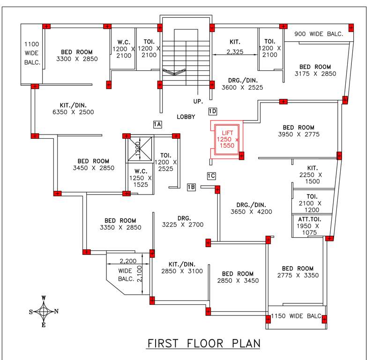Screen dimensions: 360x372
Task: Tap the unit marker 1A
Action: (x=157, y=124)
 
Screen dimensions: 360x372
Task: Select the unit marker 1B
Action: (x=191, y=187)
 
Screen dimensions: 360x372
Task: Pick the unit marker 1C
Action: (x=211, y=176)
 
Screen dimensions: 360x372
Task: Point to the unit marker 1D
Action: (x=213, y=112)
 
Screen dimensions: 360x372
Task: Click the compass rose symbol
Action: (x=44, y=311)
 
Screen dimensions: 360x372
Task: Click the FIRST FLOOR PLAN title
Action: (x=204, y=343)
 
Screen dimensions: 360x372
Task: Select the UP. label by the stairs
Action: (x=198, y=101)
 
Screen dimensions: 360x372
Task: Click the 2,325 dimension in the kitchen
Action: (x=234, y=52)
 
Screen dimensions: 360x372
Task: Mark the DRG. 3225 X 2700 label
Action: (x=183, y=221)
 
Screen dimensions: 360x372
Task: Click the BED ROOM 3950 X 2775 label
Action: (x=298, y=131)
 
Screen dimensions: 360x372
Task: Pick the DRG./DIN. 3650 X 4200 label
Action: (x=251, y=208)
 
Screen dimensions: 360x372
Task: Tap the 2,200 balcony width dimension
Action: (x=127, y=261)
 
